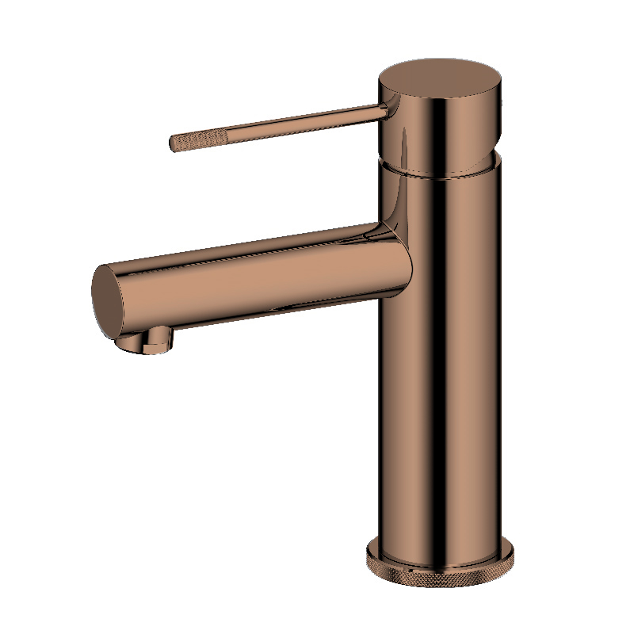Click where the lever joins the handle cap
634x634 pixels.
click(386, 109)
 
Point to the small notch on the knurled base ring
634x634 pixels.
click(411, 568)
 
